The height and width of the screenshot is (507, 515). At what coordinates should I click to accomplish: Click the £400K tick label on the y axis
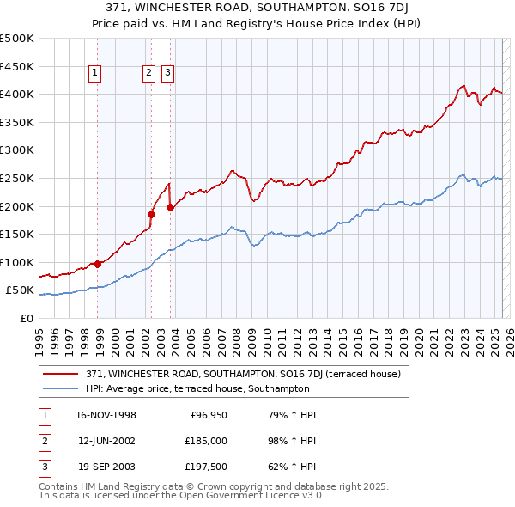(17, 94)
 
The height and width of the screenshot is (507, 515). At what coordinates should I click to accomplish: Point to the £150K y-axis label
(17, 234)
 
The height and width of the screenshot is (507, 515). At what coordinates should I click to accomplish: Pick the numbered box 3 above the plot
(167, 74)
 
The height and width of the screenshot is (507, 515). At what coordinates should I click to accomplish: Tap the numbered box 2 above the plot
(149, 74)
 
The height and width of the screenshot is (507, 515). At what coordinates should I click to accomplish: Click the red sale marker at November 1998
(98, 264)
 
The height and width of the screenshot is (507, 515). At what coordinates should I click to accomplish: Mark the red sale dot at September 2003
(171, 207)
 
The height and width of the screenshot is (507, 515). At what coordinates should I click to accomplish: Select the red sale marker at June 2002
(152, 214)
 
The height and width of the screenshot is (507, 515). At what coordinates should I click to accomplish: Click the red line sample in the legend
(61, 374)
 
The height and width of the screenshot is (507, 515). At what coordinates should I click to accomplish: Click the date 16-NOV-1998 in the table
(106, 415)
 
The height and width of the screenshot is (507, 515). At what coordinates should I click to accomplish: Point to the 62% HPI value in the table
(287, 467)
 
